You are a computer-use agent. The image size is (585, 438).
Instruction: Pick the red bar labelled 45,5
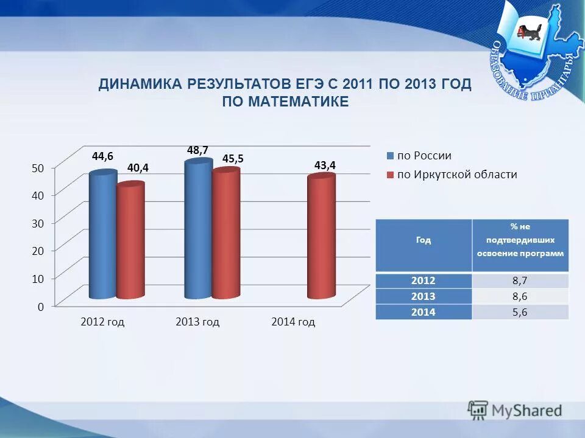coord(225,234)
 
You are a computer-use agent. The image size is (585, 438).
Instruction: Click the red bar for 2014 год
coord(321,237)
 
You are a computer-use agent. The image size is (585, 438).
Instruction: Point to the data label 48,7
coord(198,150)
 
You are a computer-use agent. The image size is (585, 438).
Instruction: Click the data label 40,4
coord(138,167)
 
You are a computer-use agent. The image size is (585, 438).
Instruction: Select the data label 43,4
coord(325,165)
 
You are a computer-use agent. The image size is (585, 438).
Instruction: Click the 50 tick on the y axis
coord(37,169)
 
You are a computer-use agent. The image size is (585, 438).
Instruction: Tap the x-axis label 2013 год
coord(197,322)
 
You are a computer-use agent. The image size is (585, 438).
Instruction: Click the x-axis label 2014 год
coord(293,322)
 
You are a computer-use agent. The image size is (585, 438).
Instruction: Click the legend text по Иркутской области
coord(457,175)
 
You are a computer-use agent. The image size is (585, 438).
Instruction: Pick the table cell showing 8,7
coord(520,281)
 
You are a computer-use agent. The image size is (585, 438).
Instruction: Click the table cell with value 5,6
coord(520,311)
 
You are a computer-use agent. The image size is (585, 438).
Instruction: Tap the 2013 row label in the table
coord(424,296)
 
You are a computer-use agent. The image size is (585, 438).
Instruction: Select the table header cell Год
coord(424,240)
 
